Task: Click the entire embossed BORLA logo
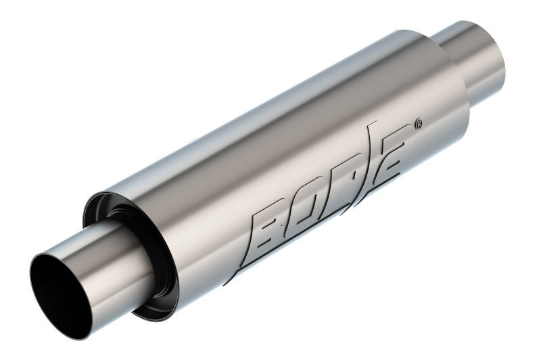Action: tap(331, 189)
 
